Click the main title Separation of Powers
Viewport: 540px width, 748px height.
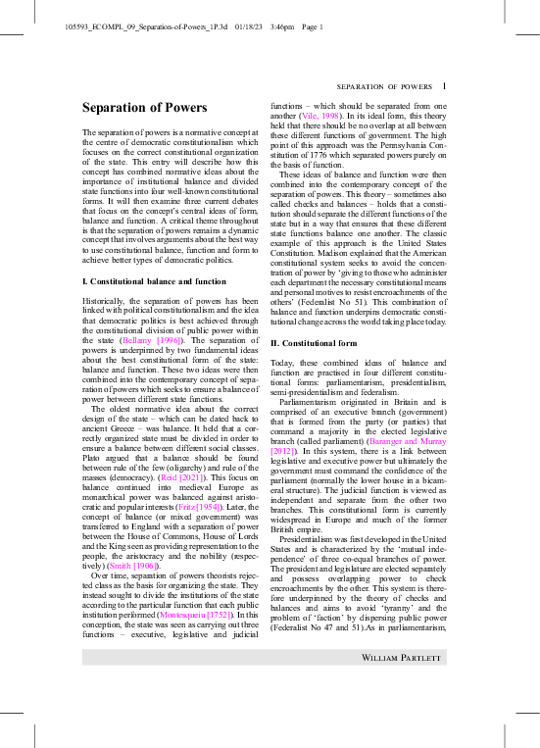pos(145,108)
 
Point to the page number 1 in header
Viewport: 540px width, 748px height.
pos(444,86)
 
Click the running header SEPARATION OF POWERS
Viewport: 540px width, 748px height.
pos(384,87)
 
